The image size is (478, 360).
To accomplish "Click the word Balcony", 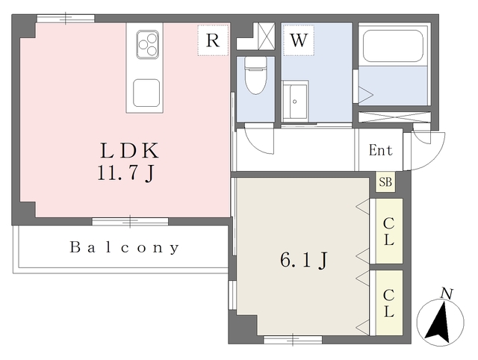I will [125, 247].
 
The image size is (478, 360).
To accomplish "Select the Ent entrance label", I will [380, 150].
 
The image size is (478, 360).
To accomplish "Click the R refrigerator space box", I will [213, 40].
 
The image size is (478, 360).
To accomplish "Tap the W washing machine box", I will [298, 40].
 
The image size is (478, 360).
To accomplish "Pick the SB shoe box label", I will [385, 182].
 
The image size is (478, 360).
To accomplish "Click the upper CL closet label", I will [389, 231].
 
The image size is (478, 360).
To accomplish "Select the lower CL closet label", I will [389, 302].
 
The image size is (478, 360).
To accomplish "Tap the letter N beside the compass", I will [446, 294].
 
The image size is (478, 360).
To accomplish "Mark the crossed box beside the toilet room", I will [266, 36].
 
